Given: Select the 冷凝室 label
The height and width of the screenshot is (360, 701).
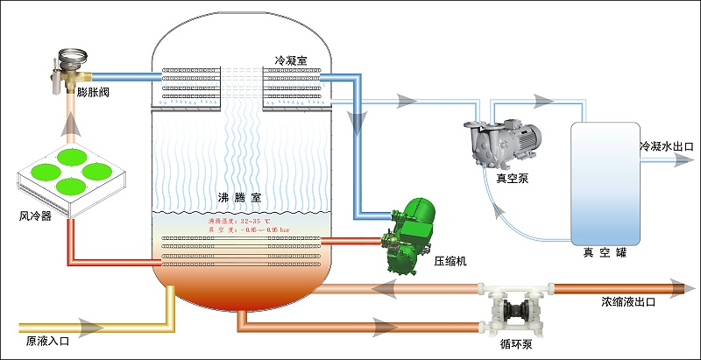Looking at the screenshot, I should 293,60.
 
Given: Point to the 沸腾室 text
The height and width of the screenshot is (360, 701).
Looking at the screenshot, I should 239,198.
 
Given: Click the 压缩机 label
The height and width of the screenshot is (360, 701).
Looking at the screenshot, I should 450,260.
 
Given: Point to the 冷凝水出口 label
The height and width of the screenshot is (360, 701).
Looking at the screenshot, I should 667,146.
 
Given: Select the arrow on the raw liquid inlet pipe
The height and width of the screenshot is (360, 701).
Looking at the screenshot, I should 89,329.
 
